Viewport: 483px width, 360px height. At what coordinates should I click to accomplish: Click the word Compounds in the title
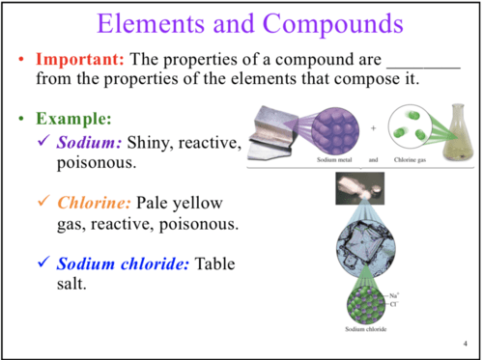[333, 24]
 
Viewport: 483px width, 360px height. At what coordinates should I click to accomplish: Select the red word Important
[80, 59]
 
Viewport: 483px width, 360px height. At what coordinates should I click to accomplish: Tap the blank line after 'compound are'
[423, 68]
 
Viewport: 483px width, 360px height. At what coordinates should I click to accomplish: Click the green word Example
[73, 119]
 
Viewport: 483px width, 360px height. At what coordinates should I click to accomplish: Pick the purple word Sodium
[89, 142]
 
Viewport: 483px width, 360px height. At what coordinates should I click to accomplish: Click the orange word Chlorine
[94, 203]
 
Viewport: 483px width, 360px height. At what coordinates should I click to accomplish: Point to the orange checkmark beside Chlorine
[43, 201]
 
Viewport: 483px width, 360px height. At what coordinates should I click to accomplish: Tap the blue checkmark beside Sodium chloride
[43, 262]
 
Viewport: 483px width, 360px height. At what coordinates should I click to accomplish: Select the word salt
[71, 284]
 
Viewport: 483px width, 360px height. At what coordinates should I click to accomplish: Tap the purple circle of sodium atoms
[335, 130]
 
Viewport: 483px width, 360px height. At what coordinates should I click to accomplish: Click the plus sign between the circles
[374, 128]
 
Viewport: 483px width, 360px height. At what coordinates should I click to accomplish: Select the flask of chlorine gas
[458, 132]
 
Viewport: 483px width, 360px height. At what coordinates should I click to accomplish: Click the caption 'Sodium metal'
[334, 160]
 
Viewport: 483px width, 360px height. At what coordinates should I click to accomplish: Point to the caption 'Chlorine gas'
[410, 160]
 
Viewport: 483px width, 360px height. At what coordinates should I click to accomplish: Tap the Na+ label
[394, 295]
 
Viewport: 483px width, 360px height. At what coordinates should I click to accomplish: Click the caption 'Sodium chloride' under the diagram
[366, 329]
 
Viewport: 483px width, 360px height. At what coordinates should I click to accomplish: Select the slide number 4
[466, 344]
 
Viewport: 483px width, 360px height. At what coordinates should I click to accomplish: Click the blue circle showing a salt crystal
[366, 248]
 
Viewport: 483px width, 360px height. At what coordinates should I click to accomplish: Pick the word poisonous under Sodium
[97, 163]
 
